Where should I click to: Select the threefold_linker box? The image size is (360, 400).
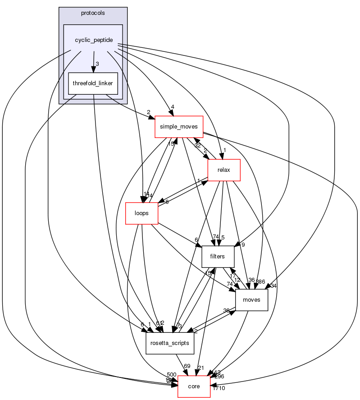pyautogui.click(x=93, y=83)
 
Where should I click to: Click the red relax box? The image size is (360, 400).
pyautogui.click(x=223, y=171)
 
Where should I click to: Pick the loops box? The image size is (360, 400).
pyautogui.click(x=141, y=213)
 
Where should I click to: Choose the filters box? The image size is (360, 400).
pyautogui.click(x=218, y=257)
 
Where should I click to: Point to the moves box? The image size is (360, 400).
pyautogui.click(x=251, y=300)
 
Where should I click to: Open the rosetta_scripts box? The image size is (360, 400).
pyautogui.click(x=170, y=343)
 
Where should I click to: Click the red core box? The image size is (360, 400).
pyautogui.click(x=194, y=386)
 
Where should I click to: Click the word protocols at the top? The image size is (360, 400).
pyautogui.click(x=93, y=13)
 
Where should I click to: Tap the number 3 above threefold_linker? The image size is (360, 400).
pyautogui.click(x=96, y=63)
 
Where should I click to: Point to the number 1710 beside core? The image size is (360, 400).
pyautogui.click(x=219, y=388)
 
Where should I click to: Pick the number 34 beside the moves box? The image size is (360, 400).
pyautogui.click(x=273, y=285)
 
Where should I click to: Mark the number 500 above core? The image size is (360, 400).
pyautogui.click(x=172, y=375)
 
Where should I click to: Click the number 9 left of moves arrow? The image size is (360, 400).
pyautogui.click(x=242, y=245)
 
